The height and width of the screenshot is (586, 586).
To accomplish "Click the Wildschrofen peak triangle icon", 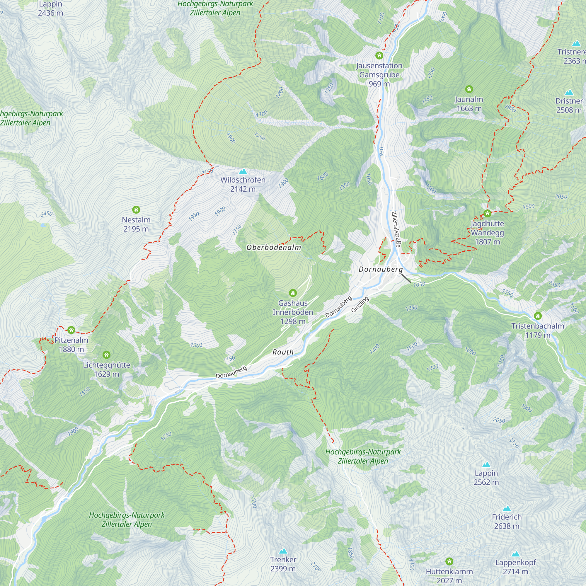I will point(243,172).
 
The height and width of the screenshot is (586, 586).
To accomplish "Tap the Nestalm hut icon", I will point(136,209).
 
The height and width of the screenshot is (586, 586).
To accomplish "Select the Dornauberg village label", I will point(381,269).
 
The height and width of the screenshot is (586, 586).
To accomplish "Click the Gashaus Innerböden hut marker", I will point(293,293).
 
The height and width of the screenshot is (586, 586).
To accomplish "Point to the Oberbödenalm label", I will point(274,248).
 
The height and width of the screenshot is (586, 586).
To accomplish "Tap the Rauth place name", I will point(283,352).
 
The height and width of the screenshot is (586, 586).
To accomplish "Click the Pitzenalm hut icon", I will point(71,330).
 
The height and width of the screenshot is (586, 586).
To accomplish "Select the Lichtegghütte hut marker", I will point(106,355).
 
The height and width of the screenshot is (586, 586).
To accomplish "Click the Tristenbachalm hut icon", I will point(538,316).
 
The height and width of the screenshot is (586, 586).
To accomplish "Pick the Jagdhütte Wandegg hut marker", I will point(488,214).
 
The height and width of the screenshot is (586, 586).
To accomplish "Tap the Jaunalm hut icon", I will point(469,89).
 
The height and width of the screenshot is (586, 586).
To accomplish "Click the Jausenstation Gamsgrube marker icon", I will point(379,55).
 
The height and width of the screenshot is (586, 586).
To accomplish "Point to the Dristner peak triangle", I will point(569,93).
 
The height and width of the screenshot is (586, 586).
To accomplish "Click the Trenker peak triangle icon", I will point(283,551).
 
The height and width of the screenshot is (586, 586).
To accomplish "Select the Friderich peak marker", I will point(507,509).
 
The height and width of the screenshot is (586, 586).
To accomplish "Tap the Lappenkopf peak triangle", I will point(516,554).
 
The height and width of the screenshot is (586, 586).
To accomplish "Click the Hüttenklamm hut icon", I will point(449,561).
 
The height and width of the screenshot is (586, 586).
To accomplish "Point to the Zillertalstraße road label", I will point(396,230).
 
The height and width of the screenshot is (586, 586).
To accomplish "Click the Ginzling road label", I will point(360,304).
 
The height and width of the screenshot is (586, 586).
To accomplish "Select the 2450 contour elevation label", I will point(47,214).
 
